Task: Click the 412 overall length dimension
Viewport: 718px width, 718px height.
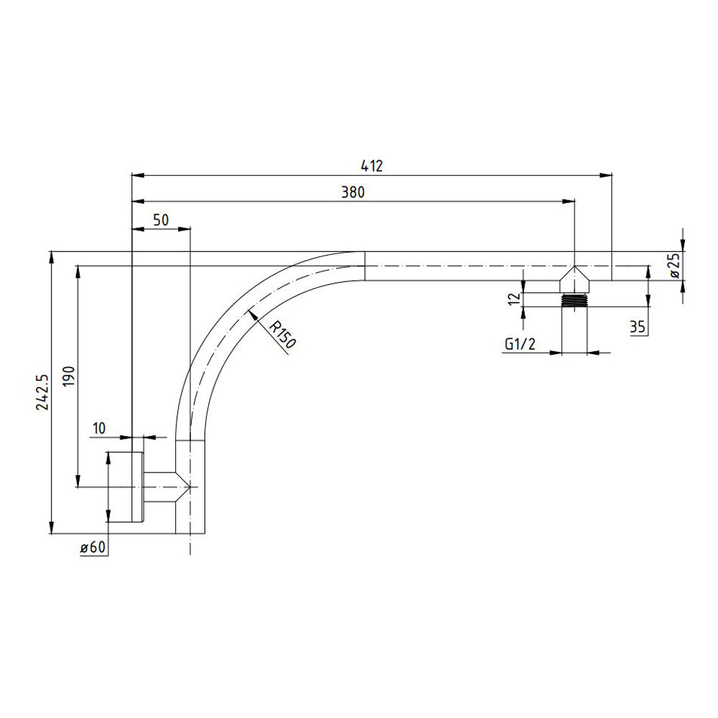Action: point(371,166)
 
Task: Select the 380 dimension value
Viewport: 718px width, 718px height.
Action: point(353,192)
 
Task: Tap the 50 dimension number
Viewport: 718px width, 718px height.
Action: point(162,220)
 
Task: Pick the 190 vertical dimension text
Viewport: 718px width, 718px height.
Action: point(68,376)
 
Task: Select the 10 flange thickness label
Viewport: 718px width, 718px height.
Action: point(98,428)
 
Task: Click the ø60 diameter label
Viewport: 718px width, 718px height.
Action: point(93,547)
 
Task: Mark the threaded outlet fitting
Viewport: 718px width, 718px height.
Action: point(574,301)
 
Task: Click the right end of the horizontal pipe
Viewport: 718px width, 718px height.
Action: point(610,266)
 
